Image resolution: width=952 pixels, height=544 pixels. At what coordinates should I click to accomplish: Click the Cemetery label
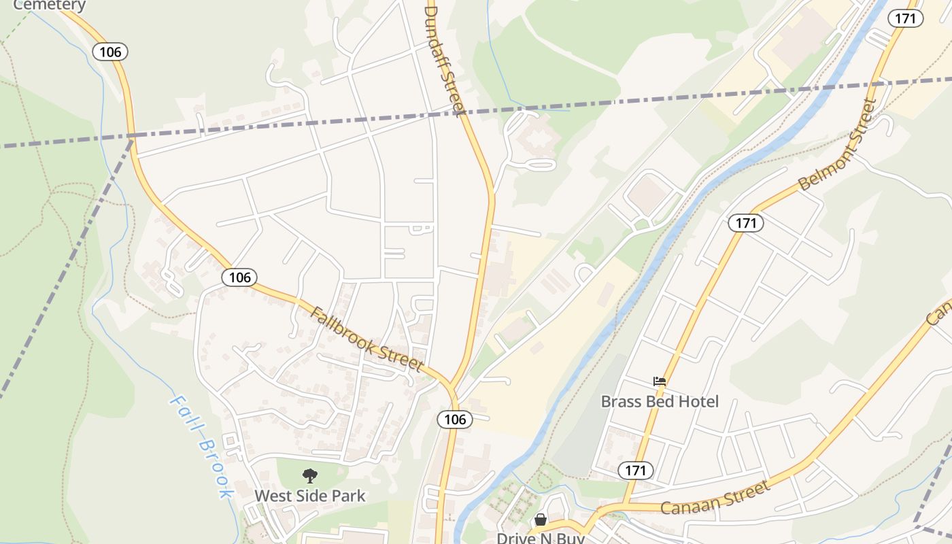coord(50,5)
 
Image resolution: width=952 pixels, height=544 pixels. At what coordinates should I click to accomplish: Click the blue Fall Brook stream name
coord(201,447)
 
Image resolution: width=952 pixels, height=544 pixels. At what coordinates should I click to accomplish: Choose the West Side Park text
coord(310,496)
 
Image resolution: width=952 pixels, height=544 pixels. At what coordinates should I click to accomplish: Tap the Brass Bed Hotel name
coord(660,402)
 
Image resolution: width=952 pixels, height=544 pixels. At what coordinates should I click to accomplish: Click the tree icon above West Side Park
coord(310,476)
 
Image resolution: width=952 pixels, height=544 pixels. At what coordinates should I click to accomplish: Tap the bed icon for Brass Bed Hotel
coord(660,381)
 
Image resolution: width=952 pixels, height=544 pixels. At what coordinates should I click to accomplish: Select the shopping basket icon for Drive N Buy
coord(541,520)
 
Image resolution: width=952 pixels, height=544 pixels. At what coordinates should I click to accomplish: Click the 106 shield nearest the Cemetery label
coord(110,52)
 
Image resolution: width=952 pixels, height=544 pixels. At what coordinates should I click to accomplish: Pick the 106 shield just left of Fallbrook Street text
coord(239,277)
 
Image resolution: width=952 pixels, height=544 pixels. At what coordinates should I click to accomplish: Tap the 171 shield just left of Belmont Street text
coord(746,222)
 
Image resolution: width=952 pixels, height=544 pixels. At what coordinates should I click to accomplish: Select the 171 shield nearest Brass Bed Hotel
coord(636,470)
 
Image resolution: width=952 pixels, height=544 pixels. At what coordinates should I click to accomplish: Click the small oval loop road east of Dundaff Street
coord(541,165)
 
